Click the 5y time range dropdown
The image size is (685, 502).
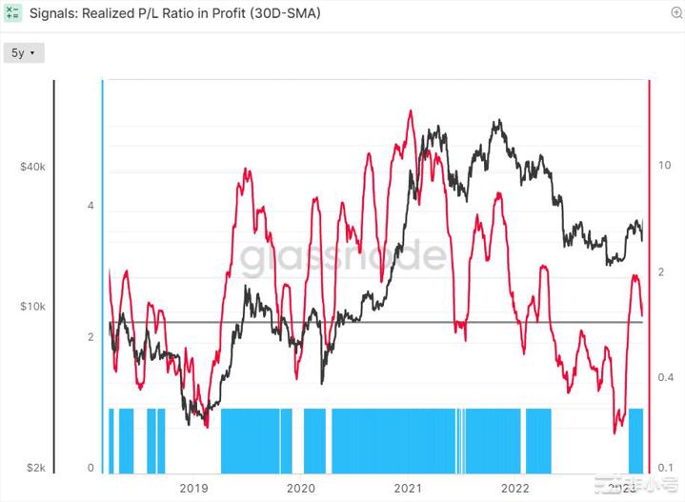point(23,53)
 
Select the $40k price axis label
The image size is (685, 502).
point(32,167)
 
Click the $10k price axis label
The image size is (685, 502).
point(32,307)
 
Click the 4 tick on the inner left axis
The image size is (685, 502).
point(91,206)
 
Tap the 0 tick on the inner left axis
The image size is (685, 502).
point(91,467)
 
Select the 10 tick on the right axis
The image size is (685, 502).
point(664,165)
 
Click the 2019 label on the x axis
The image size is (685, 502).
point(193,488)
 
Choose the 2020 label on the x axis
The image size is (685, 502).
point(301,488)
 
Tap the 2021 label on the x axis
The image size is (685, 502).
point(409,488)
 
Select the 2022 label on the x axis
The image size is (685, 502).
point(516,488)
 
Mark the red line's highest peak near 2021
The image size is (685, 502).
point(411,111)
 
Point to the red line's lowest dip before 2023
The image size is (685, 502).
point(614,432)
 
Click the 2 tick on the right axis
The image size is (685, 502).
point(664,272)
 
